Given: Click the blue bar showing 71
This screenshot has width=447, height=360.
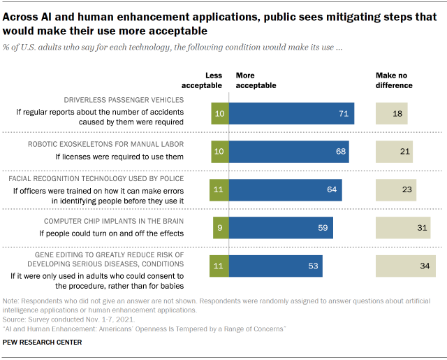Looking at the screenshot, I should pos(291,113).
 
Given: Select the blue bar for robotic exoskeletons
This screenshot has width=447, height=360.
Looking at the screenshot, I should pos(288,152).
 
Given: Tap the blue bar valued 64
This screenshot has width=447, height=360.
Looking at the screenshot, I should pos(285,189).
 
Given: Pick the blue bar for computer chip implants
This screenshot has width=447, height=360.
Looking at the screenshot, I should pos(281,227).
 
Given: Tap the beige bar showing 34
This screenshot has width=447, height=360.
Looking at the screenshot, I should pos(405,265).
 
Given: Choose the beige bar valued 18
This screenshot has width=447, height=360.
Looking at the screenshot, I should pos(391,113).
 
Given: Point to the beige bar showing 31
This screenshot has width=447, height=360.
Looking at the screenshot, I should pos(403,227).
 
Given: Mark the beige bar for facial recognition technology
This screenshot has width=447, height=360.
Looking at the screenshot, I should pos(396,189).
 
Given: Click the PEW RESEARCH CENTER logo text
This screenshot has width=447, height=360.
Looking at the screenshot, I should pos(42,342).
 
